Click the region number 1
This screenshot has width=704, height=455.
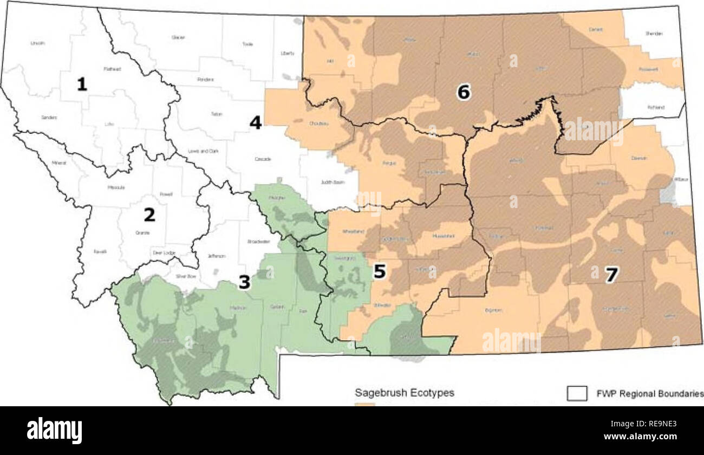tap(82, 84)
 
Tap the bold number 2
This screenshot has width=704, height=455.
tap(149, 215)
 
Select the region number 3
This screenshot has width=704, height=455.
tap(244, 282)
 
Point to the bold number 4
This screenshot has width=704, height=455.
tap(255, 123)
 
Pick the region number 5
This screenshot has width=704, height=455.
tap(379, 272)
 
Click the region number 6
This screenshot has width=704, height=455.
tap(463, 93)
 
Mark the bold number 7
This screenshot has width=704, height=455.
tap(611, 275)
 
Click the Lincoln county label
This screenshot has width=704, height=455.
tap(37, 43)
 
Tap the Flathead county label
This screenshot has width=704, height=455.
tap(112, 69)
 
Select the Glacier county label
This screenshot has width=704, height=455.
tap(178, 37)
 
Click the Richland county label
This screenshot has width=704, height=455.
tap(655, 107)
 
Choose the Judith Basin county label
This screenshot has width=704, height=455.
tap(333, 182)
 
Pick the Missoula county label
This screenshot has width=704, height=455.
tap(116, 187)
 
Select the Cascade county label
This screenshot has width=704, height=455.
tap(262, 159)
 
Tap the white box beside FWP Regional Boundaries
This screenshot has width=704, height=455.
tap(577, 393)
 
